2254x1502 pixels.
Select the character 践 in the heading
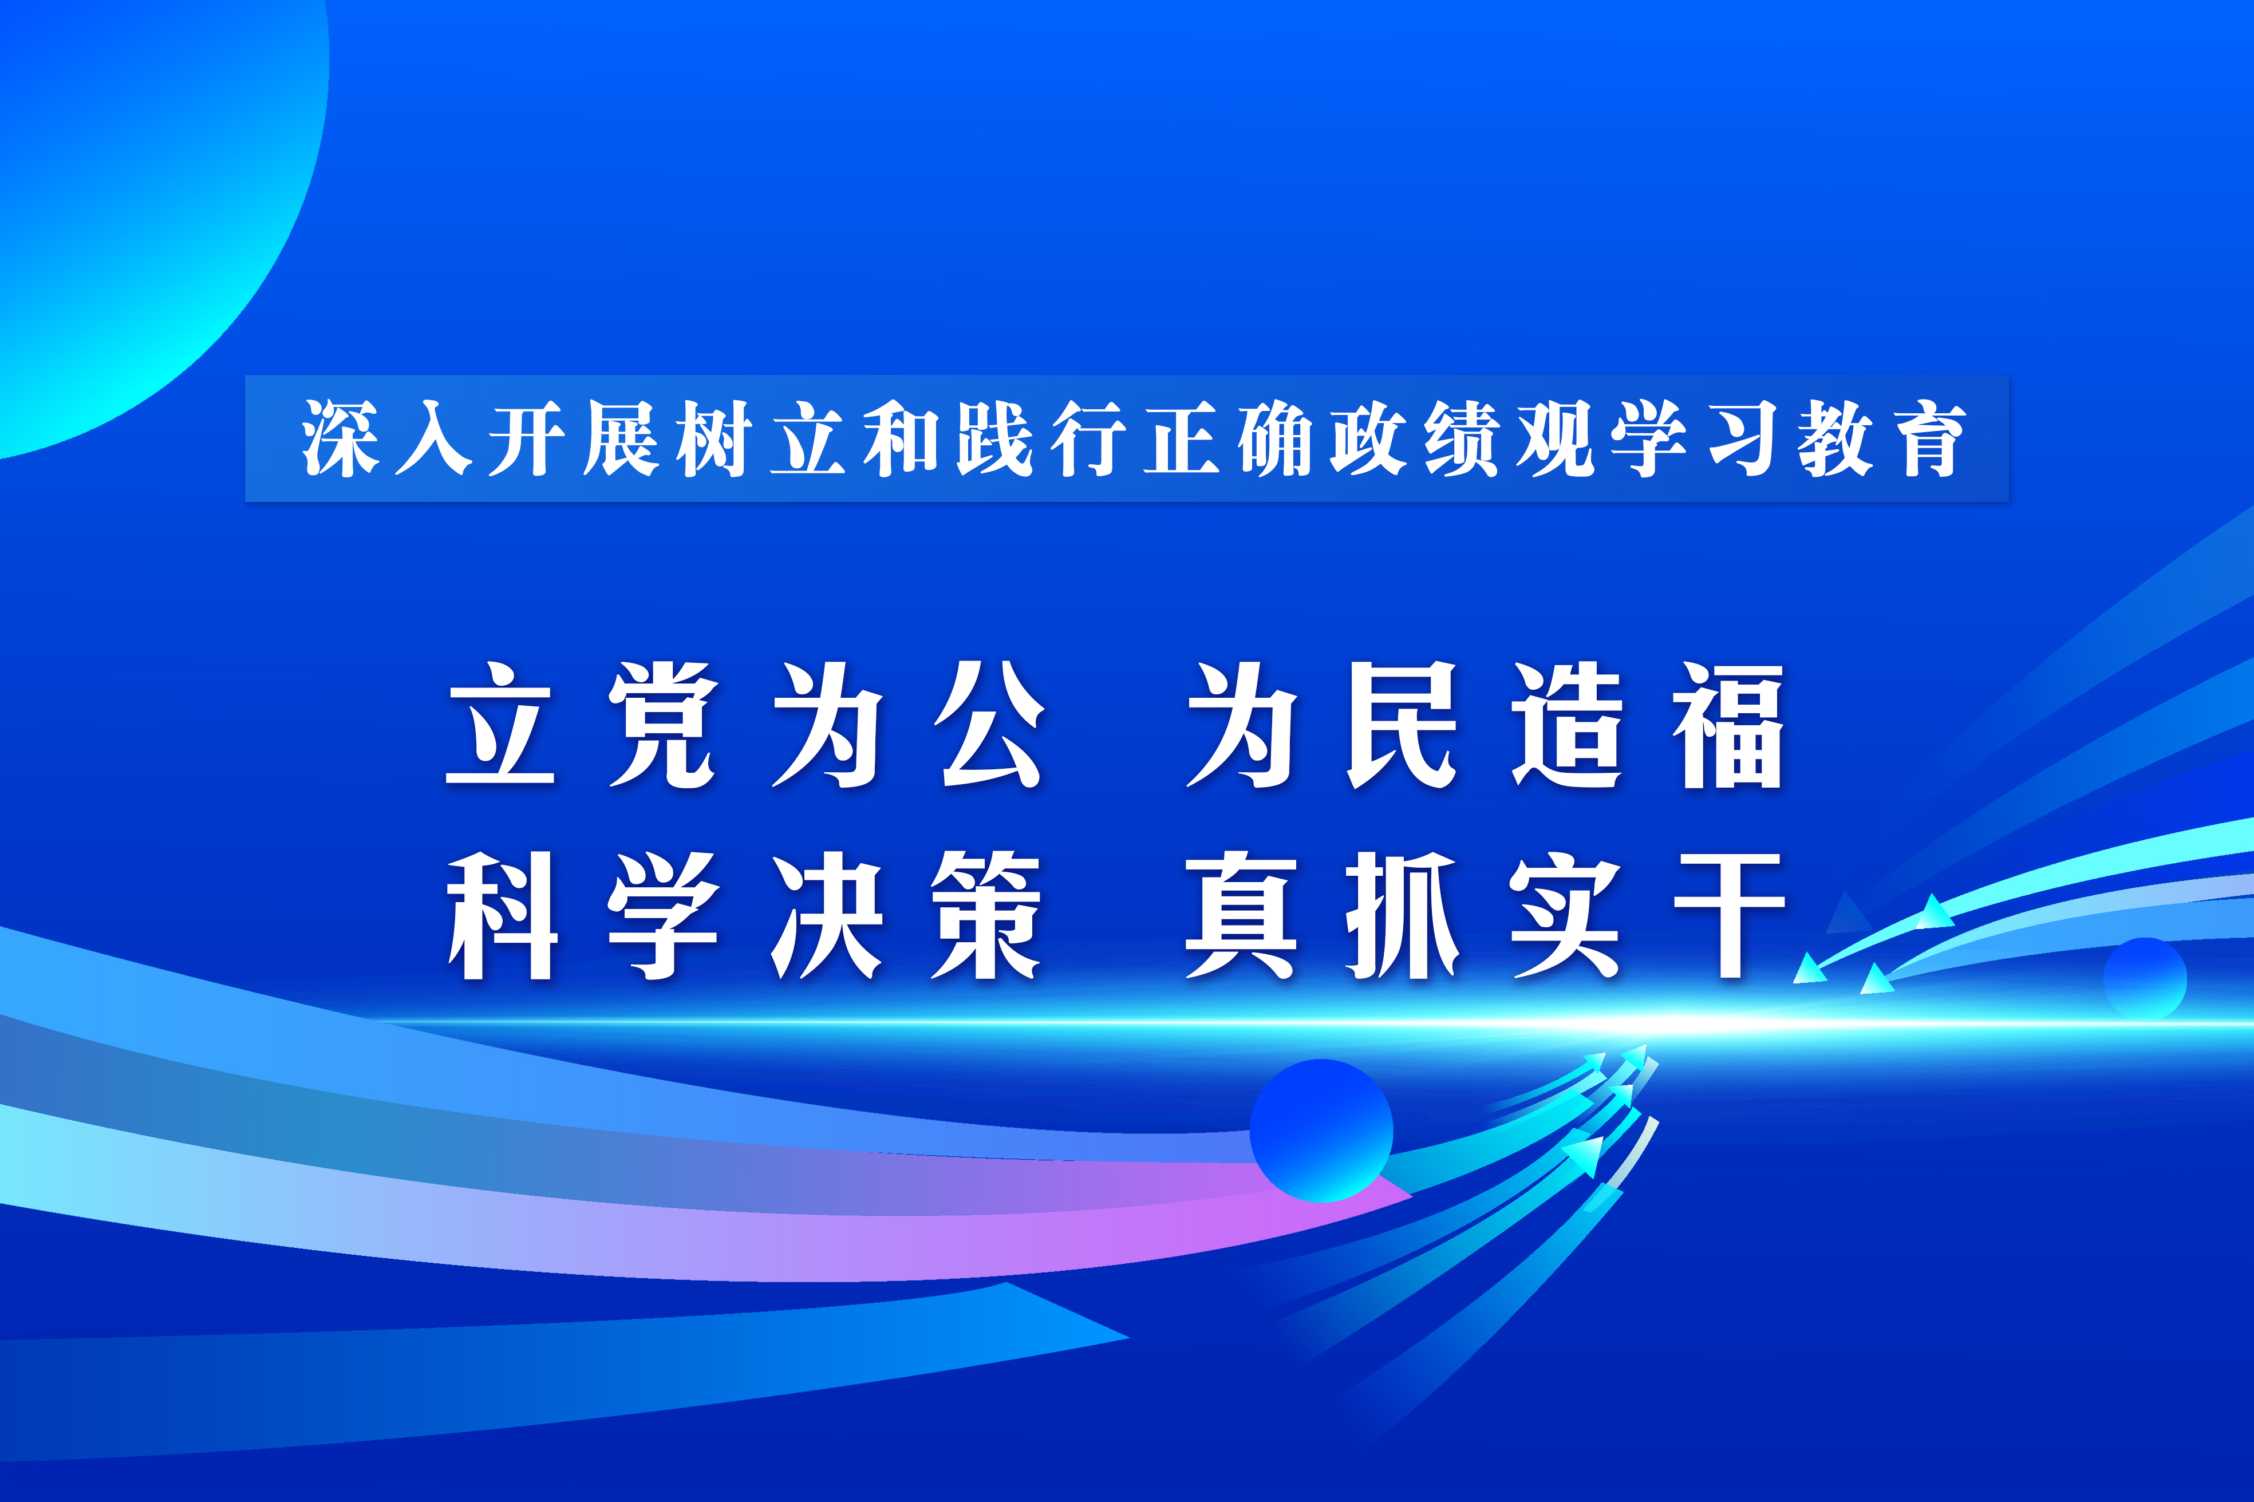point(994,438)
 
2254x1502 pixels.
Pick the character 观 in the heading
point(1556,438)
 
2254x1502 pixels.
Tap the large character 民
point(1403,725)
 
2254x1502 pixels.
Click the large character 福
point(1728,725)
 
